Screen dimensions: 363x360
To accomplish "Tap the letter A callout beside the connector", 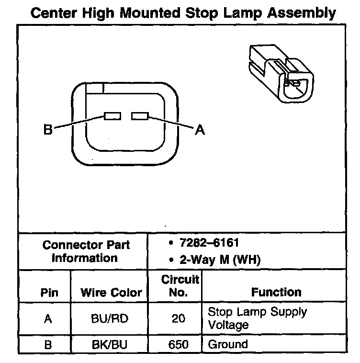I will point(200,130).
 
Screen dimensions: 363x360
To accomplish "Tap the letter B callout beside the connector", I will point(48,130).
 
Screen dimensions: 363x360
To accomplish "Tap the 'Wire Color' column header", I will point(111,292).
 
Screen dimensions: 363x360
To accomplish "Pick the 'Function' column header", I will point(276,292).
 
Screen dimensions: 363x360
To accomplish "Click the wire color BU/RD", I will point(110,318).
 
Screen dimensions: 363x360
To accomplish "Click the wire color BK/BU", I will point(110,344).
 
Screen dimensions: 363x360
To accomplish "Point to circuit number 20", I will point(178,318).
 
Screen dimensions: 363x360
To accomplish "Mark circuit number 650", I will point(178,344).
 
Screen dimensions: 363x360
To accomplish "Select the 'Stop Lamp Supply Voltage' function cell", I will point(257,318).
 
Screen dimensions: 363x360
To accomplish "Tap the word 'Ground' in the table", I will point(227,344).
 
